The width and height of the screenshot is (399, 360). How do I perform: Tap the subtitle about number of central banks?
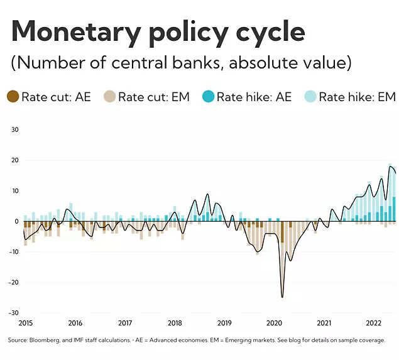[x=180, y=63]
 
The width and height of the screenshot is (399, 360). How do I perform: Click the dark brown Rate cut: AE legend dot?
[x=13, y=97]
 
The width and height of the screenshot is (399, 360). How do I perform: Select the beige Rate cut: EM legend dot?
[x=109, y=97]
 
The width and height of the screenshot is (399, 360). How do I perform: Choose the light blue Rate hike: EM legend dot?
[x=310, y=97]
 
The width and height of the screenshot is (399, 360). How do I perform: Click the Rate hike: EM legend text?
[x=357, y=97]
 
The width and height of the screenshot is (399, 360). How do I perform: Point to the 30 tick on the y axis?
[x=16, y=129]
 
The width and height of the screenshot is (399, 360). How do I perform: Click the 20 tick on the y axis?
[x=16, y=160]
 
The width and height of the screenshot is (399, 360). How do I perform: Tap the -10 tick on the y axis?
[x=14, y=252]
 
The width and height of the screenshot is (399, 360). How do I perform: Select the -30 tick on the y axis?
[x=14, y=313]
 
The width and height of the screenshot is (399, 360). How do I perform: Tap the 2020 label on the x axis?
[x=274, y=323]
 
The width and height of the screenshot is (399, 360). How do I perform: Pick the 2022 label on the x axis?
[x=374, y=323]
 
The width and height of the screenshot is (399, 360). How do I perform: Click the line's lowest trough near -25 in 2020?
[x=282, y=297]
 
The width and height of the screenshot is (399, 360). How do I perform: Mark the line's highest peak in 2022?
[x=390, y=166]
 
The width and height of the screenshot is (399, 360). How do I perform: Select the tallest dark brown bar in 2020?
[x=282, y=232]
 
